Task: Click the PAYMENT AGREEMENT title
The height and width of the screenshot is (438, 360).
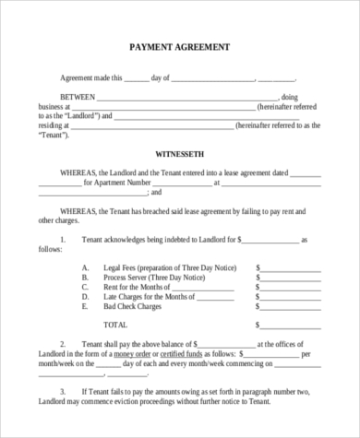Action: point(180,46)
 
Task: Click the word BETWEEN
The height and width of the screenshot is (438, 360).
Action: point(78,97)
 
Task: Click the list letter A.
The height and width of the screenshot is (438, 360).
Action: point(85,267)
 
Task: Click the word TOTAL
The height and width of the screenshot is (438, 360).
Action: point(115,325)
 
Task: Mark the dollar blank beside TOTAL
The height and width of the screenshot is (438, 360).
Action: point(282,325)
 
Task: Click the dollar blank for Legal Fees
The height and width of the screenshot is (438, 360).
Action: point(282,267)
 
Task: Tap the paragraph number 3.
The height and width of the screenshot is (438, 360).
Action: point(62,393)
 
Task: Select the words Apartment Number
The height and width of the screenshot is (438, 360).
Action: point(119,182)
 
